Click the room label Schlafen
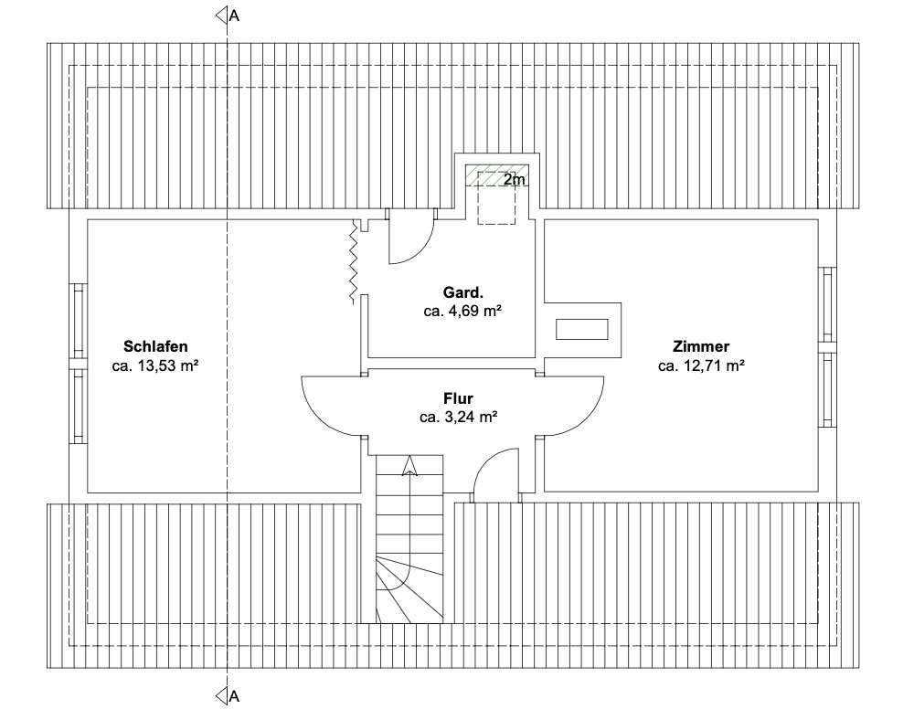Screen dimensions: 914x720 click(x=155, y=346)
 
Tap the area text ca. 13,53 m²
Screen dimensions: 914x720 click(x=155, y=365)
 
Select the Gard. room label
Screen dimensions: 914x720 click(x=463, y=292)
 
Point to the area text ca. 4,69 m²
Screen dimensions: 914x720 click(x=463, y=311)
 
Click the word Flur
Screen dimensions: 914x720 click(x=458, y=398)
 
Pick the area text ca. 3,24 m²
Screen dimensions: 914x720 click(x=458, y=417)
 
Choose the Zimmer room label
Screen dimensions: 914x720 click(x=701, y=346)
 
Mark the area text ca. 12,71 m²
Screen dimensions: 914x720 click(x=701, y=365)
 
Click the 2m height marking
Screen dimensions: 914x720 click(x=514, y=179)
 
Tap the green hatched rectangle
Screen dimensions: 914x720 click(x=496, y=175)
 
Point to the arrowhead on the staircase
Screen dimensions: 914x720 click(x=409, y=465)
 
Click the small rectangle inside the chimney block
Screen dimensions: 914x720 click(x=581, y=329)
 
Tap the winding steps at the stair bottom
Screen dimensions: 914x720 click(x=409, y=589)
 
